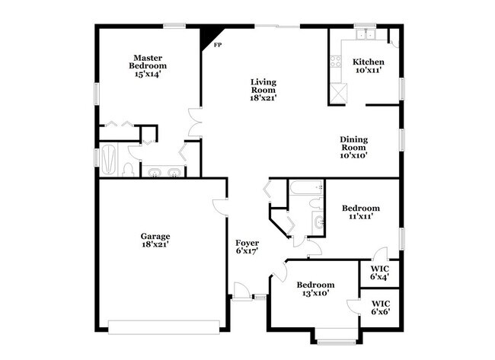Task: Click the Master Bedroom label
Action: [x=148, y=65]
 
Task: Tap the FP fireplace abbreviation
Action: [x=217, y=46]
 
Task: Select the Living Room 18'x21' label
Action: [x=263, y=89]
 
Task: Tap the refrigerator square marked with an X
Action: [x=337, y=93]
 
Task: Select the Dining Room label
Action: [x=354, y=147]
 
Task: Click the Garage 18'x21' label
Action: [x=155, y=240]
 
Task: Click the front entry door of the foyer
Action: [x=243, y=292]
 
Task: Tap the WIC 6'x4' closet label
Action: [x=379, y=272]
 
